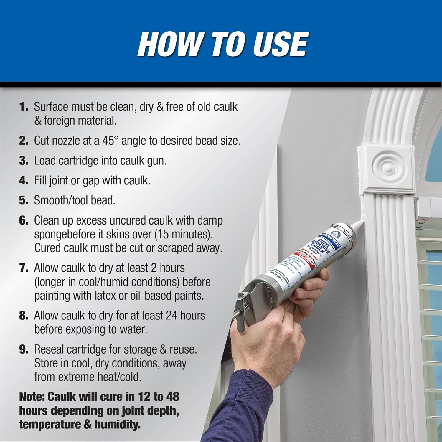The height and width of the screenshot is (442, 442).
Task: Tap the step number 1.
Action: coord(23,107)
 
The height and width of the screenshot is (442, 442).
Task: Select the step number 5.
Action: coord(23,200)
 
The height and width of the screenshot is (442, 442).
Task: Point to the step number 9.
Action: coord(24,349)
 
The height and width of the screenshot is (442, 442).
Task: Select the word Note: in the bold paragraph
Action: coord(32,397)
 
